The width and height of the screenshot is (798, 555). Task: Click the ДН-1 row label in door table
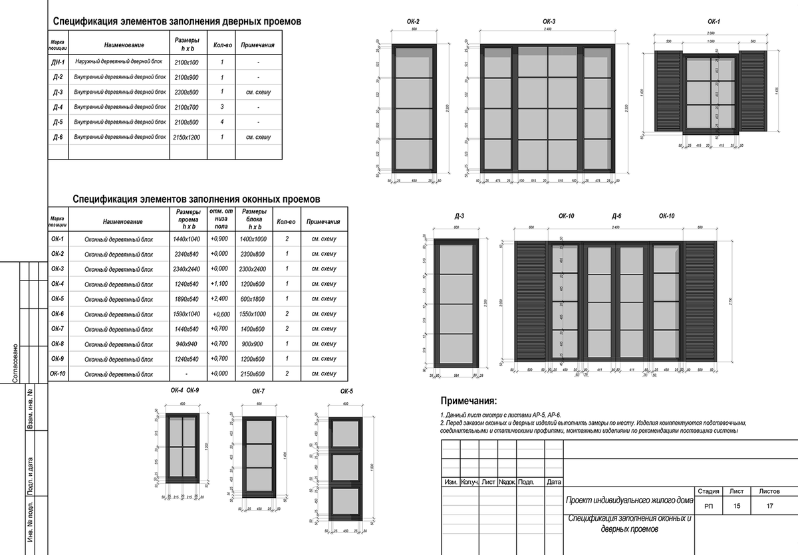(x=58, y=62)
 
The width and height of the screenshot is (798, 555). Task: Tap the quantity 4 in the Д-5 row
(x=221, y=122)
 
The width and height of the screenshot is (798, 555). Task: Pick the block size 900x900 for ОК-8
(x=253, y=344)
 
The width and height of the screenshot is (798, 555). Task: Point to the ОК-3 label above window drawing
(x=549, y=22)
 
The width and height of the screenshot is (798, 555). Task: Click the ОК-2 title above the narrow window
(x=413, y=22)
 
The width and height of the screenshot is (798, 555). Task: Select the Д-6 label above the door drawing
(x=616, y=217)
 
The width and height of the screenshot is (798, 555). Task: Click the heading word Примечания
(x=468, y=401)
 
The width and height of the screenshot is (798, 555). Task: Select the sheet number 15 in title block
(x=736, y=506)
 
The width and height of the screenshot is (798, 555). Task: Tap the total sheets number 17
(x=770, y=506)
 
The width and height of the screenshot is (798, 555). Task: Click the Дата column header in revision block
(x=553, y=482)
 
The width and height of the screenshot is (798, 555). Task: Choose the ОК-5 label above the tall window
(x=346, y=392)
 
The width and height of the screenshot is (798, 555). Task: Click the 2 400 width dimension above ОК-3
(x=548, y=31)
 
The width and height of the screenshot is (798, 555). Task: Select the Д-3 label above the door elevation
(x=460, y=217)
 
